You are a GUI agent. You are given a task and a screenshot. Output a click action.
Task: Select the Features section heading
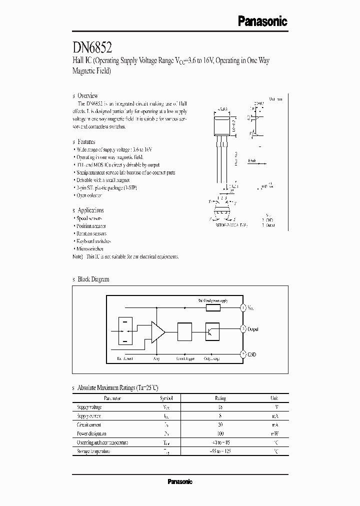tap(86, 142)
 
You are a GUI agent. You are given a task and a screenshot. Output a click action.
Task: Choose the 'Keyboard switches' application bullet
tap(93, 241)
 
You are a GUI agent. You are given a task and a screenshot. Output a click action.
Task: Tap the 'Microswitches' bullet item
tap(90, 248)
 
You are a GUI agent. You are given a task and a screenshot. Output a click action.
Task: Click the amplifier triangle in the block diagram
tap(158, 331)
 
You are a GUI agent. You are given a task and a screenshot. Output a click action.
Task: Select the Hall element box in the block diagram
tap(124, 331)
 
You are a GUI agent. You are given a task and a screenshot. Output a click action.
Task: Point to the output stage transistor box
tap(212, 331)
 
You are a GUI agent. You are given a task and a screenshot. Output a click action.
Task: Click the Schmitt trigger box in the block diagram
tap(184, 331)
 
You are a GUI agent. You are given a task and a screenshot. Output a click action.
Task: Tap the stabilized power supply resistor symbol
tap(213, 308)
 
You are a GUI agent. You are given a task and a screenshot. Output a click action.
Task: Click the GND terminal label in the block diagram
tap(251, 354)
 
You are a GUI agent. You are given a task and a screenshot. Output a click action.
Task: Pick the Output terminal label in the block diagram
tap(253, 329)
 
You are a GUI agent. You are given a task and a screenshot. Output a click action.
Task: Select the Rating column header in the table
tap(220, 398)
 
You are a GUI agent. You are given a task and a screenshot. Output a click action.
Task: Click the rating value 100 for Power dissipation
tap(220, 433)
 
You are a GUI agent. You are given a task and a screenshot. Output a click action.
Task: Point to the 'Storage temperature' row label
tap(93, 451)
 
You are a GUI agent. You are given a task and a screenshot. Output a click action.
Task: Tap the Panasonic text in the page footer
tap(179, 482)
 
